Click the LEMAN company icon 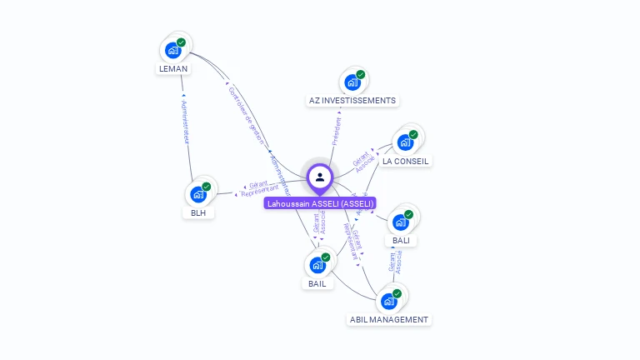point(173,49)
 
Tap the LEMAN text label point(173,69)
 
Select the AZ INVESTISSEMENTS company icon point(353,82)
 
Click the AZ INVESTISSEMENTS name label point(352,101)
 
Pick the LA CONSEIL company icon point(406,142)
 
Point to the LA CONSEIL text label point(407,161)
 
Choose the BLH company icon point(198,193)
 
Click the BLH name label point(198,212)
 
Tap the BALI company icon point(402,222)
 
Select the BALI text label point(401,241)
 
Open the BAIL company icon point(317,265)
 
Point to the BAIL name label point(317,283)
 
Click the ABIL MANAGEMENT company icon point(389,301)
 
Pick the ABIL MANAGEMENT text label point(389,319)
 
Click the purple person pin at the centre point(320,177)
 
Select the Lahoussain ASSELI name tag point(320,203)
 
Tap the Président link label point(336,131)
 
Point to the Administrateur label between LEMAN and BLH point(185,123)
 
